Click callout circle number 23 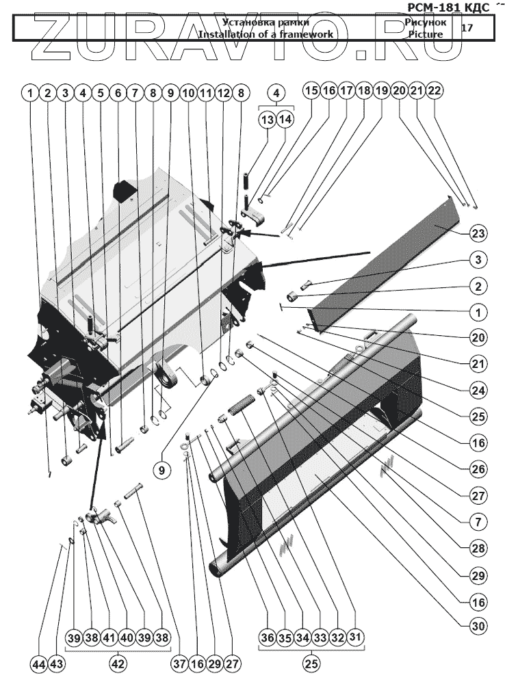pos(478,233)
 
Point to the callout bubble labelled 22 pos(435,91)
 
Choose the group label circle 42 pos(119,663)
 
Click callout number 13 pos(267,118)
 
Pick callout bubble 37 pos(180,663)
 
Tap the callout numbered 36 pos(266,637)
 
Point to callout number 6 pos(118,91)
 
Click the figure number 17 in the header pos(467,28)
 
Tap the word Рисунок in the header pos(425,23)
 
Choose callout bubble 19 pos(381,91)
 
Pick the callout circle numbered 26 pos(478,469)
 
